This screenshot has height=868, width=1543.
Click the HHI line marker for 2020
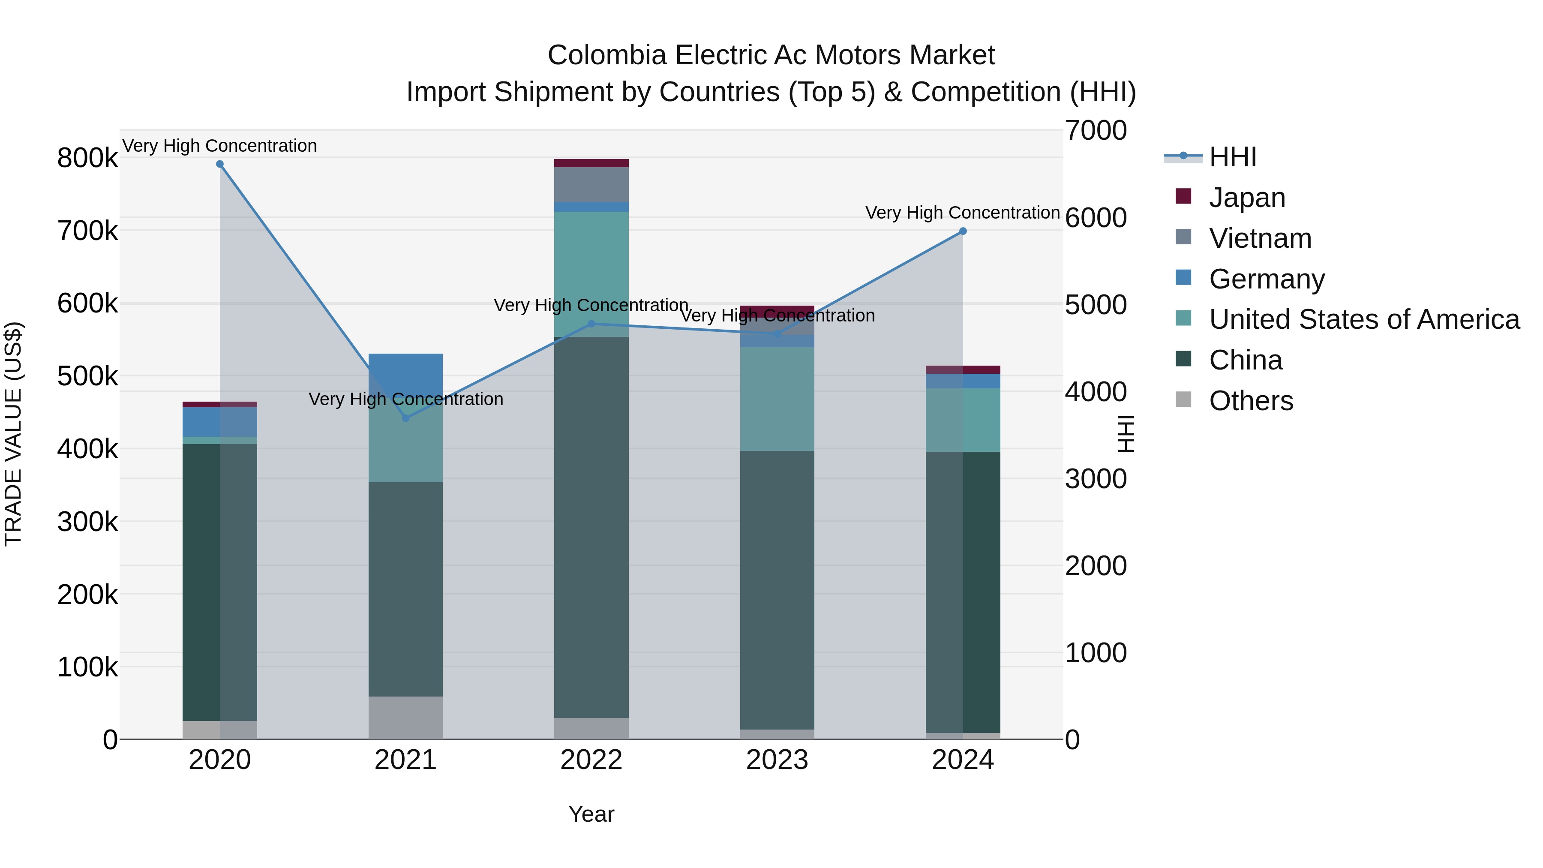[x=220, y=164]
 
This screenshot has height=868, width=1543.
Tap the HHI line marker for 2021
[x=405, y=418]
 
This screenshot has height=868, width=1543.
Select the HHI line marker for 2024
[x=963, y=231]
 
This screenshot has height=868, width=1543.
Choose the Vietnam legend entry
[x=1260, y=238]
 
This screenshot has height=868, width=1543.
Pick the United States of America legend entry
[x=1364, y=319]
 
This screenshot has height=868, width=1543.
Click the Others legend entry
[x=1251, y=401]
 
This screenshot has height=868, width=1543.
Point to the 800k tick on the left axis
[x=87, y=159]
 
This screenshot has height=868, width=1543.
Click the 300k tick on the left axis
[x=87, y=522]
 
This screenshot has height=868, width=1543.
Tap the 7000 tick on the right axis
[x=1096, y=131]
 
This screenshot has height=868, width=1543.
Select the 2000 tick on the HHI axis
[x=1096, y=566]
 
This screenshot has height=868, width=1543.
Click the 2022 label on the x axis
[x=591, y=760]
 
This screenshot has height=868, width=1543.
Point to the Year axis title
[x=591, y=814]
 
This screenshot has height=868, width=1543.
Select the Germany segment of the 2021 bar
[x=405, y=371]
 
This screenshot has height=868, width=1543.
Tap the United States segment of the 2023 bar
[x=777, y=399]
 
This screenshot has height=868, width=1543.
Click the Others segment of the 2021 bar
[x=405, y=717]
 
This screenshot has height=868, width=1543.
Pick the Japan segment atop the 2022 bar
[x=591, y=163]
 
